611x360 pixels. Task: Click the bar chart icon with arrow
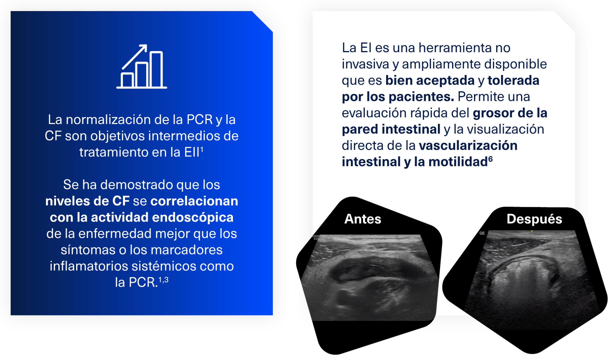point(142,67)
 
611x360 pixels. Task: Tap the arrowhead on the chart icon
point(144,47)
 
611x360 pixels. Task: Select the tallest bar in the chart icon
point(156,69)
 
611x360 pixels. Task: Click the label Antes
point(363,219)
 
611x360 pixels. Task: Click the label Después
point(534,219)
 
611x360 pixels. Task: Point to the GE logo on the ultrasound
point(482,233)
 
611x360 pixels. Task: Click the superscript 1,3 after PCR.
point(163,280)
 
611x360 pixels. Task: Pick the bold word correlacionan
point(194,201)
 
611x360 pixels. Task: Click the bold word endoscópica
point(193,217)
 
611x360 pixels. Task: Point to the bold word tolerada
point(513,80)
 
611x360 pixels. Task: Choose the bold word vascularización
point(468,145)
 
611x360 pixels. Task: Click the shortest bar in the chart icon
point(127,80)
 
